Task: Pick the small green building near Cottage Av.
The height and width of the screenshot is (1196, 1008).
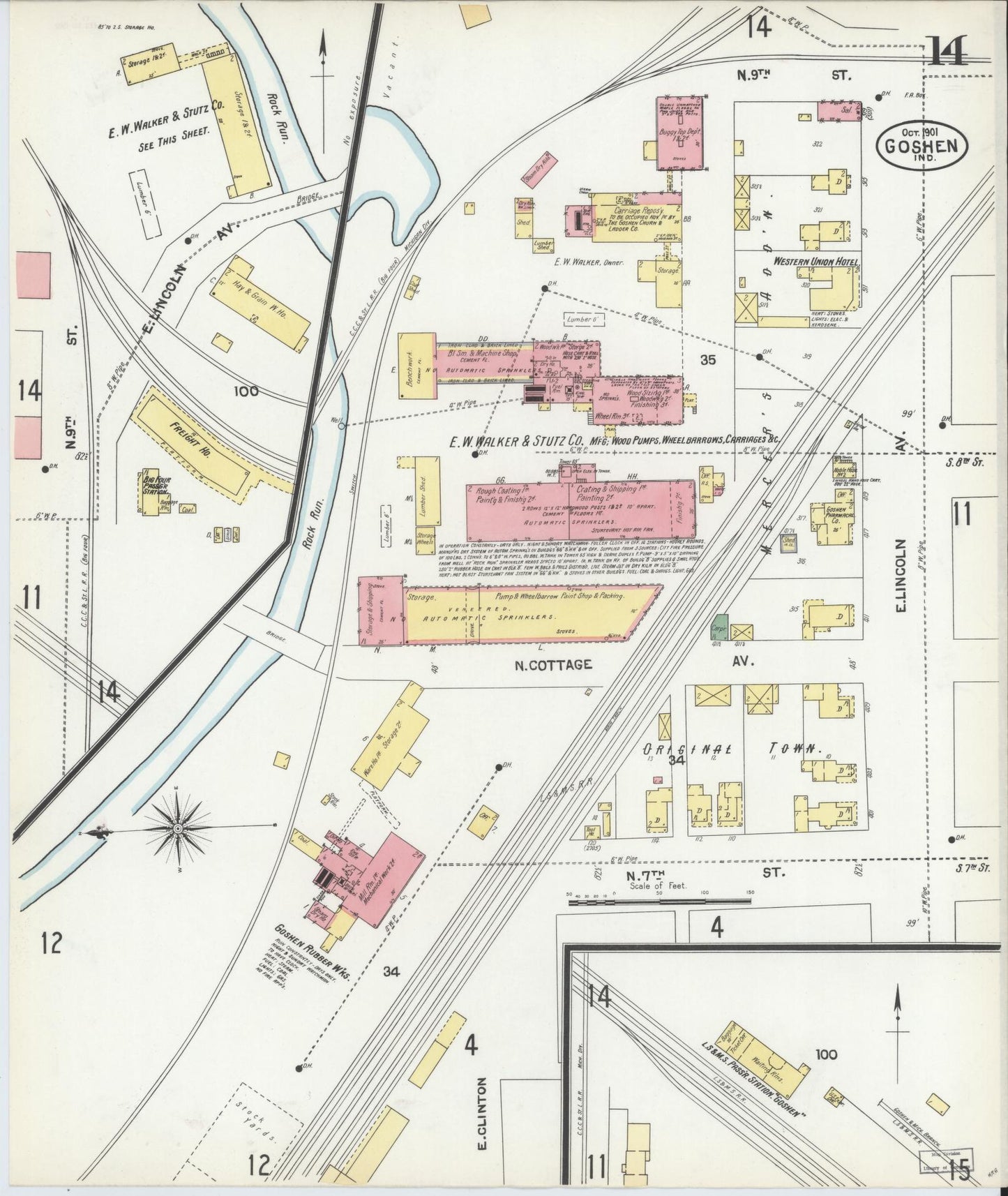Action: click(719, 625)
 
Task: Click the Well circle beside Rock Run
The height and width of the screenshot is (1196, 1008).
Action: click(340, 425)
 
